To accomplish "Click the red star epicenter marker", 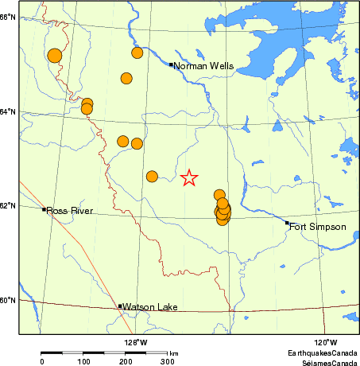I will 189,178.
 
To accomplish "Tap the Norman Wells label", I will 203,66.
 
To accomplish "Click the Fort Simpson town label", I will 318,227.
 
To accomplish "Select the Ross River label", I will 70,211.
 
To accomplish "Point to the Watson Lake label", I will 149,307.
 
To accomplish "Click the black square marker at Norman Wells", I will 172,64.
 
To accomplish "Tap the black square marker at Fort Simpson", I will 288,223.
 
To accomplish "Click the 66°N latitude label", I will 8,17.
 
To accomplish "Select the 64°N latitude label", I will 8,111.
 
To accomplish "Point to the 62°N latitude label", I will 8,206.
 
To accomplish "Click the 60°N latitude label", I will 8,300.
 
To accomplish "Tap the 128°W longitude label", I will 136,343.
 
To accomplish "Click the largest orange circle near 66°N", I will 54,55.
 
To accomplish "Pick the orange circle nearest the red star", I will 152,176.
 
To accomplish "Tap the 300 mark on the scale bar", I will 168,362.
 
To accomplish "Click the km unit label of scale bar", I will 173,352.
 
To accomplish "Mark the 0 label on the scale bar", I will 42,362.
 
